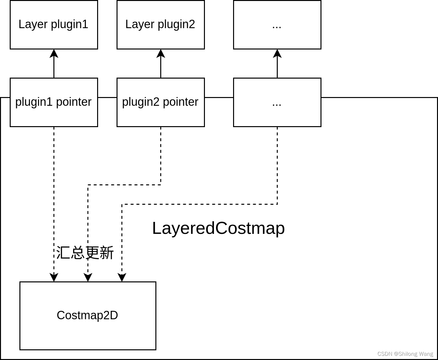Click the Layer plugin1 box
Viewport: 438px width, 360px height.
[x=54, y=25]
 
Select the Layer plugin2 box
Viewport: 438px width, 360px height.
[x=161, y=25]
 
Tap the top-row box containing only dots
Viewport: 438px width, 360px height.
[x=277, y=25]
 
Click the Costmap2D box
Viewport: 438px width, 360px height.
[x=88, y=315]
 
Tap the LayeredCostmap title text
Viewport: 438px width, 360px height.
[x=218, y=228]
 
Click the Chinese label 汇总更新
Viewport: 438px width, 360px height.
[x=85, y=253]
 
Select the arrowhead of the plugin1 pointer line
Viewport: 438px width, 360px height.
[x=54, y=278]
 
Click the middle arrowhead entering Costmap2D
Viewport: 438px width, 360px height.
[x=88, y=278]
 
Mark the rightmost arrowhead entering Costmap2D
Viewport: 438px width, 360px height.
[x=122, y=278]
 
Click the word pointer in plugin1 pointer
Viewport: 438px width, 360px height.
[x=74, y=102]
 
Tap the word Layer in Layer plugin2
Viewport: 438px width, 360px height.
[x=135, y=25]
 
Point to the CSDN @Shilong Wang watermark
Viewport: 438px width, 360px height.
[x=405, y=354]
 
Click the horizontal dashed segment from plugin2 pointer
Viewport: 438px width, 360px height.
[x=124, y=185]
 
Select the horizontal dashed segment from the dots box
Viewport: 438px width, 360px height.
[x=199, y=204]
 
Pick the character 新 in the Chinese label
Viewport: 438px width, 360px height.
[x=107, y=253]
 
